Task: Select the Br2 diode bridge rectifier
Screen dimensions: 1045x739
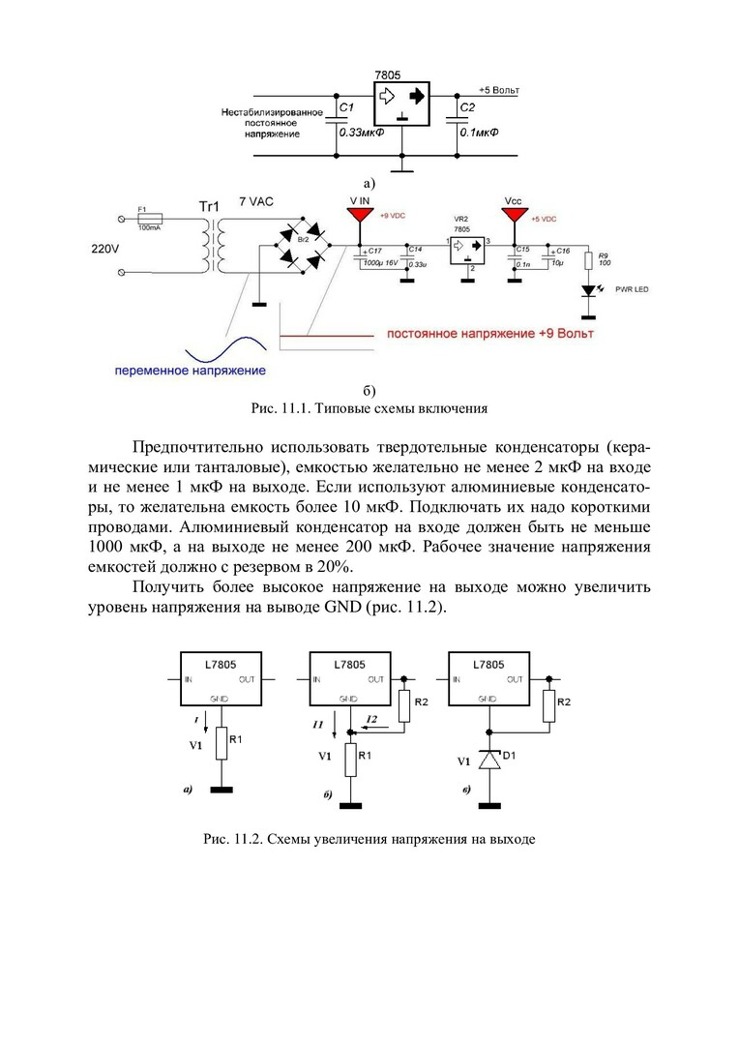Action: click(x=302, y=246)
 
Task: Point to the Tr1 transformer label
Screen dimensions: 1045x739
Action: click(x=210, y=207)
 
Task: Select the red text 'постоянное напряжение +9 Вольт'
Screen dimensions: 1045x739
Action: click(x=490, y=334)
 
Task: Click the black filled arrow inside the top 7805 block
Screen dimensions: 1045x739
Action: click(x=416, y=97)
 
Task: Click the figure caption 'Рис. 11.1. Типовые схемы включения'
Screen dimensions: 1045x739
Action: click(x=369, y=408)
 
